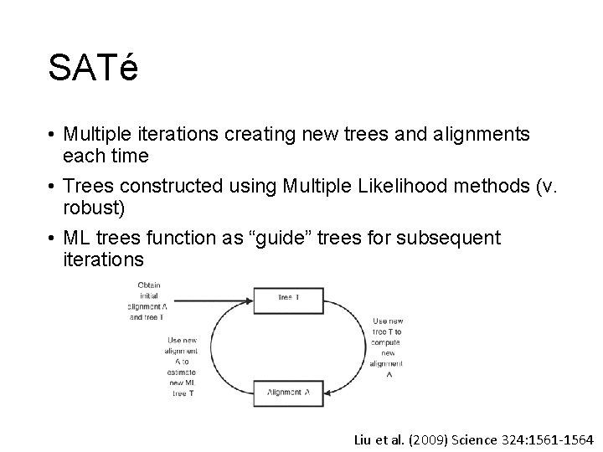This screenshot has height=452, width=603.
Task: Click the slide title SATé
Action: [93, 68]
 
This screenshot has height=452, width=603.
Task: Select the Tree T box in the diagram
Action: [288, 298]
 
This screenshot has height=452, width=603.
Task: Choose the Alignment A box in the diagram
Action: [288, 391]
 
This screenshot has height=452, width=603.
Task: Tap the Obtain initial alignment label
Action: [147, 300]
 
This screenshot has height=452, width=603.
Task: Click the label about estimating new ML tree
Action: [182, 367]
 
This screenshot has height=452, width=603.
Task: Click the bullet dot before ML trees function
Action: [52, 239]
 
